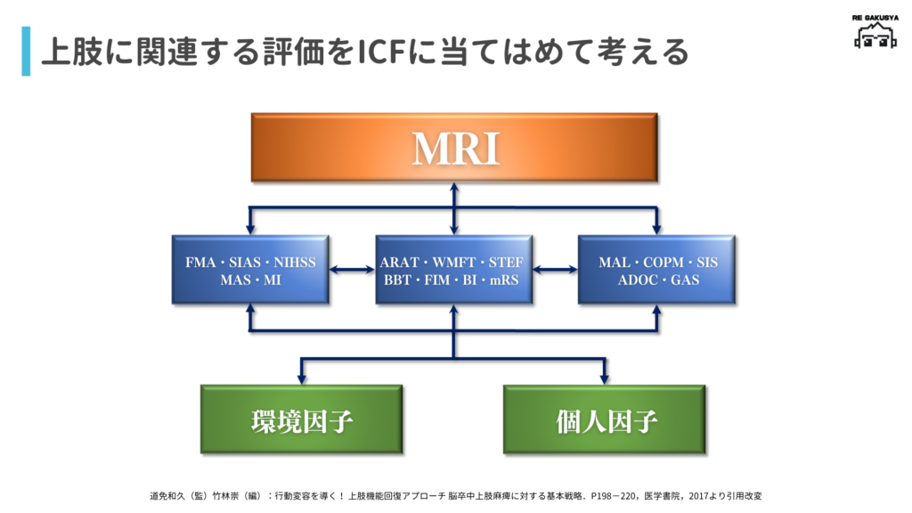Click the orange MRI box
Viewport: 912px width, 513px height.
tap(454, 147)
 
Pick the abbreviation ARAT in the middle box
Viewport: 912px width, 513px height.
tap(398, 263)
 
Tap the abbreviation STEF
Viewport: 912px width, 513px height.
tap(506, 263)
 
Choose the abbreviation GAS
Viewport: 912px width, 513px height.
tap(685, 280)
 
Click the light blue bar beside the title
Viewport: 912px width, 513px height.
tap(26, 52)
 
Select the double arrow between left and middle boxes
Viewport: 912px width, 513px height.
tap(352, 270)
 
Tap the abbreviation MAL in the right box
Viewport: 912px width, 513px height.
tap(615, 263)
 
